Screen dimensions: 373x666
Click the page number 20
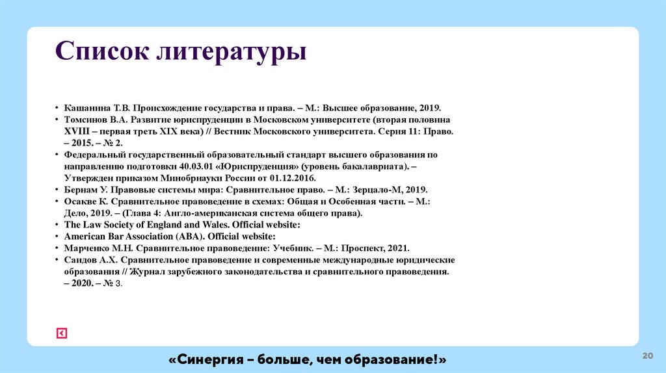[647, 355]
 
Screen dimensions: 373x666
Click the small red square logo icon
[62, 333]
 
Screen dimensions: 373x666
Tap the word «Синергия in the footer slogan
[206, 359]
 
